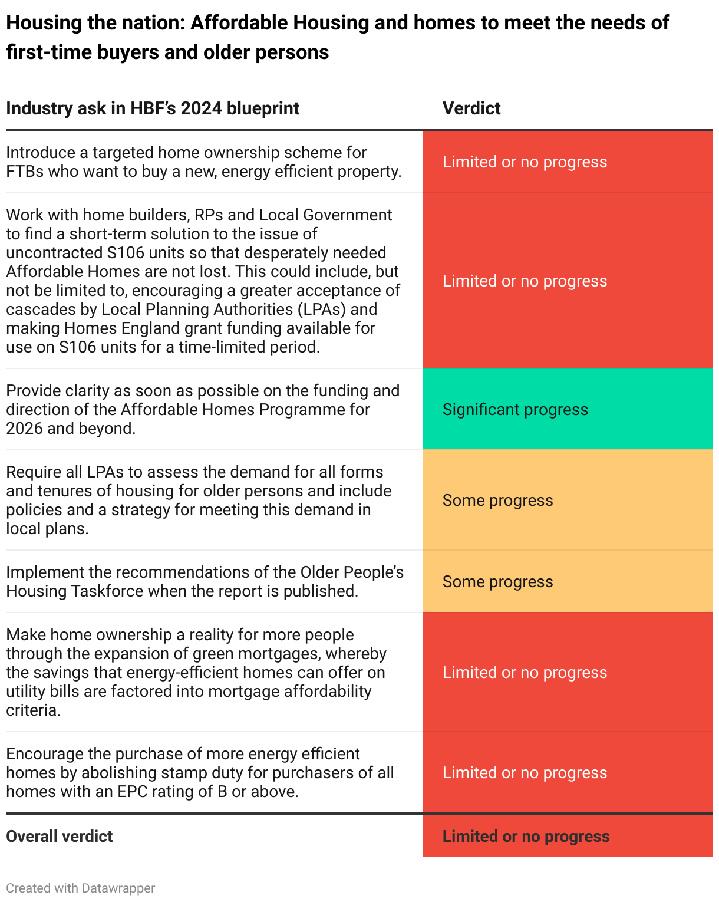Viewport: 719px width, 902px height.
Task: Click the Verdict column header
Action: tap(471, 108)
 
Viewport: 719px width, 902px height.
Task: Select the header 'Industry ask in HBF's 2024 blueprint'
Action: tap(153, 108)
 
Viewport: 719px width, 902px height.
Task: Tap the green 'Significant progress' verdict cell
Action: tap(515, 410)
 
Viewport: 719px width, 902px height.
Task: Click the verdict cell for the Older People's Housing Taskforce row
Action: tap(497, 582)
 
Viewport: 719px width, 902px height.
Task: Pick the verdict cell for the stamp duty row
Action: tap(525, 773)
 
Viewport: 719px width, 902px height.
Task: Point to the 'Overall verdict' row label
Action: tap(59, 837)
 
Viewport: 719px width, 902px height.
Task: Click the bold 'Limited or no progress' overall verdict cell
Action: tap(526, 837)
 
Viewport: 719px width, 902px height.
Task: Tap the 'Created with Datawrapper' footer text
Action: tap(81, 888)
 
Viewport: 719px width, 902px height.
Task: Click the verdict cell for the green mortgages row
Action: tap(525, 673)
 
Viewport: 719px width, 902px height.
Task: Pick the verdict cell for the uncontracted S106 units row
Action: tap(525, 281)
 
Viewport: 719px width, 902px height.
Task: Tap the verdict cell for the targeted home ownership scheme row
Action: tap(525, 162)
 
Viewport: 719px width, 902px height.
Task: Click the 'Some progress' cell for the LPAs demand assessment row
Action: tap(497, 501)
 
